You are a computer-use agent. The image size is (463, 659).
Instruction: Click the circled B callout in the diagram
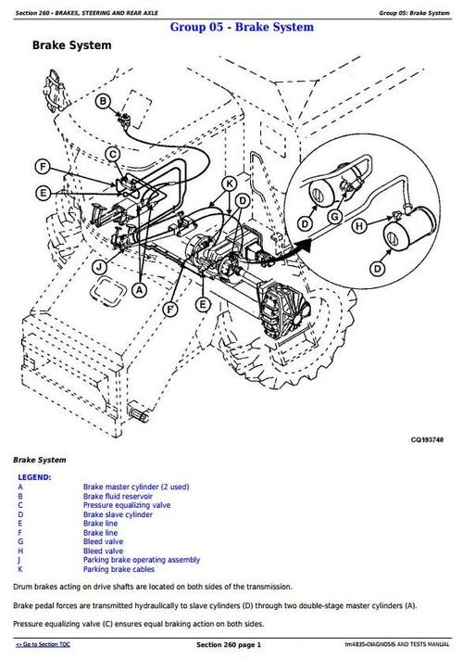103,101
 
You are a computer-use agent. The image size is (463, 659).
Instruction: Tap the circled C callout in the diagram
112,154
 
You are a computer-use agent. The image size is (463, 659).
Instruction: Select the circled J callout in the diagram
98,267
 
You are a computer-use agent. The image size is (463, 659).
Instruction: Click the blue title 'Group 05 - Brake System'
241,27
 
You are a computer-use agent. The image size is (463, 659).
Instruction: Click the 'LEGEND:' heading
34,476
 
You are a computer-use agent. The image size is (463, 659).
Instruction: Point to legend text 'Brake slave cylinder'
118,514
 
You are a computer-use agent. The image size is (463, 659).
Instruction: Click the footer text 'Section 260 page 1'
229,643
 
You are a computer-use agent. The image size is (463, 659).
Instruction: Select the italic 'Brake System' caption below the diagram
39,460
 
